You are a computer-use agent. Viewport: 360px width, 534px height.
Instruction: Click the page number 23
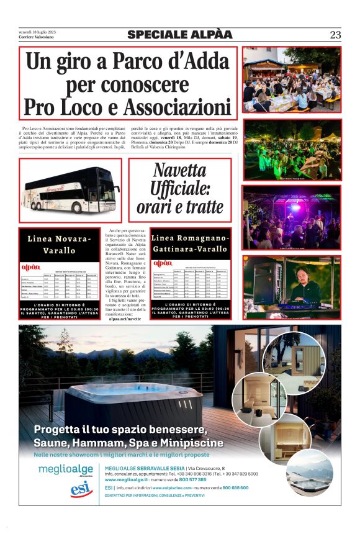point(335,35)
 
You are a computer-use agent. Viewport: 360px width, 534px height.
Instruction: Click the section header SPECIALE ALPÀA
point(179,35)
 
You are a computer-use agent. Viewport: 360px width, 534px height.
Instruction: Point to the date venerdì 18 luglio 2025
point(38,32)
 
